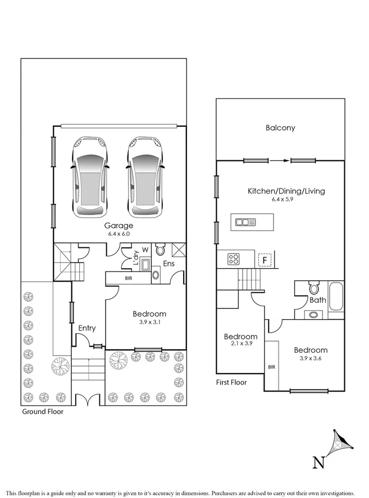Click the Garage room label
(119, 226)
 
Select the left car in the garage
(90, 177)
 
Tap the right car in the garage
(146, 177)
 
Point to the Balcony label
(280, 128)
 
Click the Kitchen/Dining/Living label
(286, 191)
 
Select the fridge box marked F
(265, 260)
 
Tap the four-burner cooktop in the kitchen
(234, 259)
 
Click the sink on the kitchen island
(245, 222)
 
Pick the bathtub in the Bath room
(336, 297)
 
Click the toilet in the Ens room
(160, 250)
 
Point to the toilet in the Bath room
(315, 288)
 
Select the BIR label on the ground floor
(129, 278)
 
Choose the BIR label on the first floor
(272, 367)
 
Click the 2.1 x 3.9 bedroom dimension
(242, 343)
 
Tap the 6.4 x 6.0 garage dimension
(119, 234)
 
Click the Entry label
(87, 328)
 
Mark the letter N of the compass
(318, 463)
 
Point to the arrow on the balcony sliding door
(280, 161)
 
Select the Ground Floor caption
(43, 412)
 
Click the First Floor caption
(231, 382)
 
